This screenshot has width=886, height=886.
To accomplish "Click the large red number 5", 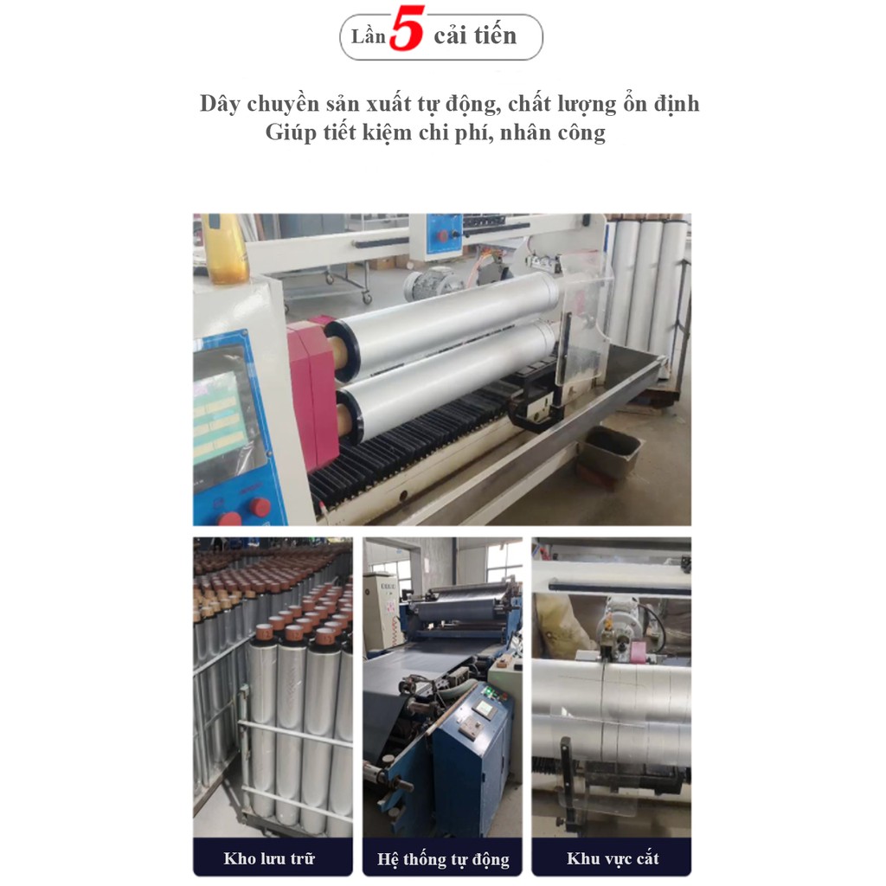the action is click(x=407, y=29).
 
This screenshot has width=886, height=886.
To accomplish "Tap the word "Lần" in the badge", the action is click(x=369, y=36).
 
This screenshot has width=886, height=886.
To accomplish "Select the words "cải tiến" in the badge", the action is click(x=475, y=35).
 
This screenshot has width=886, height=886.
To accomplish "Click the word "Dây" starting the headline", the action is click(x=221, y=105).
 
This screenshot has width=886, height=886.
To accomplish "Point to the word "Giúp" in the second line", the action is click(x=291, y=133).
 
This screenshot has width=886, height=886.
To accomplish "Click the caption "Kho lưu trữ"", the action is click(x=269, y=859).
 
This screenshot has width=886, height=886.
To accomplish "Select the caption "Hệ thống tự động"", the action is click(x=443, y=859).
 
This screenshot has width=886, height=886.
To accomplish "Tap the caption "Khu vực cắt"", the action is click(x=613, y=859).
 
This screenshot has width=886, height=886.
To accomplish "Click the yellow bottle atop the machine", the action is click(x=226, y=247).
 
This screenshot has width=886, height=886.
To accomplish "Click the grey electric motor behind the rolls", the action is click(x=428, y=283).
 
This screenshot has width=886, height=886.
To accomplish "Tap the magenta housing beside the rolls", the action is click(x=313, y=390).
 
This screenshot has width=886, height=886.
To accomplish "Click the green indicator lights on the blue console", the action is click(x=490, y=690).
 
